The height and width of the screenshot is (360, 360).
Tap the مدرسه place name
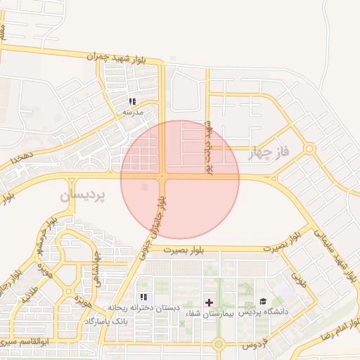133,112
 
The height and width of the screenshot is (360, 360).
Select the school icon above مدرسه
133,102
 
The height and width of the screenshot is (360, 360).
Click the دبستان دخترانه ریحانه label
144,308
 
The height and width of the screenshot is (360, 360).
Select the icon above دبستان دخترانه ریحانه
144,297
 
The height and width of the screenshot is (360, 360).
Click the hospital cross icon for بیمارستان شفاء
209,302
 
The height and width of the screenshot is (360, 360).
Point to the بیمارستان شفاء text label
209,313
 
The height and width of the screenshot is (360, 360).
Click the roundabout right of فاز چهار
309,148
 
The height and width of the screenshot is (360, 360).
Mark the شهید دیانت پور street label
208,147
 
